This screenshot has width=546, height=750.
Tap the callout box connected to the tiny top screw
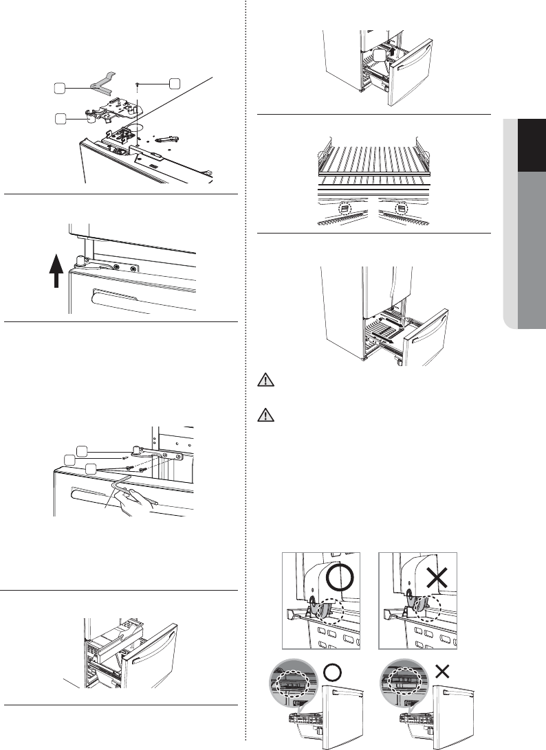click(175, 83)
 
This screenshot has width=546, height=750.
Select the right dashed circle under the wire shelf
click(401, 207)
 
